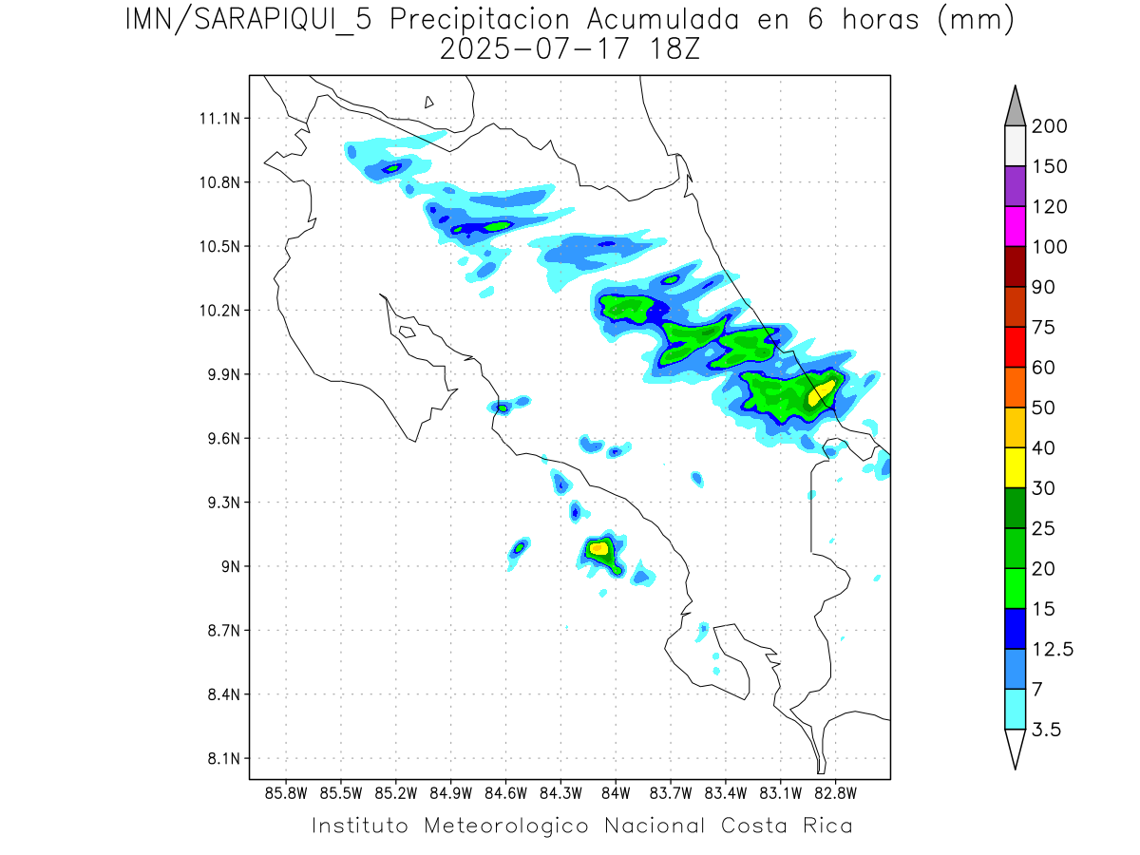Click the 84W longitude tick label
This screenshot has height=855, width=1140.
point(616,792)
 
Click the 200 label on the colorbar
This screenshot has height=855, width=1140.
point(1049,126)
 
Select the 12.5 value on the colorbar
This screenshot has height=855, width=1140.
point(1052,649)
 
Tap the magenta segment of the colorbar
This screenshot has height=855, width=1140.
point(1015,226)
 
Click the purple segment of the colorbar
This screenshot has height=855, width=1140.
point(1015,186)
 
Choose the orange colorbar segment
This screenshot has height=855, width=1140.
point(1015,387)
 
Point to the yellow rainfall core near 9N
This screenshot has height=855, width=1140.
point(598,548)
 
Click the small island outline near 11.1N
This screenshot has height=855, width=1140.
point(429,102)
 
